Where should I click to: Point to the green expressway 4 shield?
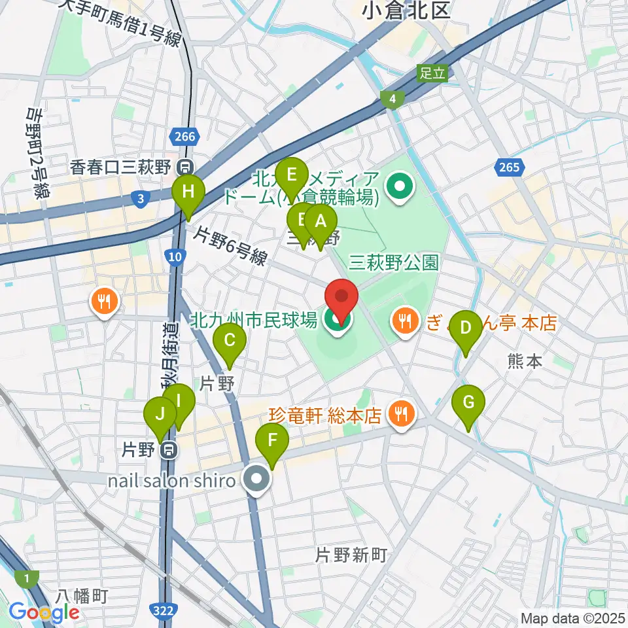[x=392, y=99]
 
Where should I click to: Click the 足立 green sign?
[x=432, y=73]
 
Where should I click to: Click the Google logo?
[x=44, y=612]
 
